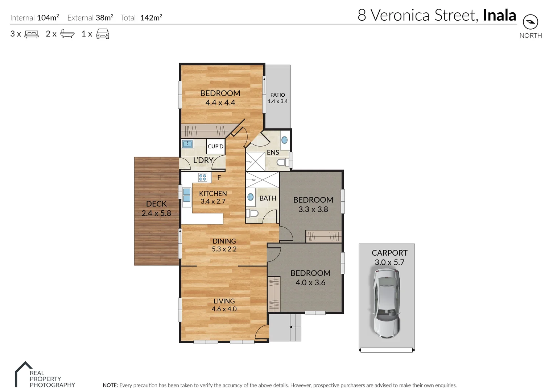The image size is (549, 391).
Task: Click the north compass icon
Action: point(530,22)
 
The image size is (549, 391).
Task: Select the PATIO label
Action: point(277,98)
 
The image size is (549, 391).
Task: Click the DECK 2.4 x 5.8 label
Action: point(156,209)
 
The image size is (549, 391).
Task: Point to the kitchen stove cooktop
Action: point(203,177)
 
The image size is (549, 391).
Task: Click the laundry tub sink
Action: point(187,144)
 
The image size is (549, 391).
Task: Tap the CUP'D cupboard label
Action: point(215,147)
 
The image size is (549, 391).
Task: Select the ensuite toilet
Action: point(283,162)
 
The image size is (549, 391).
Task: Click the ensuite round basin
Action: point(285,140)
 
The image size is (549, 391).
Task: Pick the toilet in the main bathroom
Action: point(252,213)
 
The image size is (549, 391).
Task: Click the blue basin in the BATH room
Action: point(250,197)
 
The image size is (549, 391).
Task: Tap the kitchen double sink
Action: point(186,195)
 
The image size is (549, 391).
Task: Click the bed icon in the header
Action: point(32,34)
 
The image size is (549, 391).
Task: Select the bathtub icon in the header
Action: point(67,34)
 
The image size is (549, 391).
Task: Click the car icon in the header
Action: point(103,34)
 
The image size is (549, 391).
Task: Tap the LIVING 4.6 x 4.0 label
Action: point(224,305)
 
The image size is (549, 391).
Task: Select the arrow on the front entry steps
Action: point(295,327)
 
